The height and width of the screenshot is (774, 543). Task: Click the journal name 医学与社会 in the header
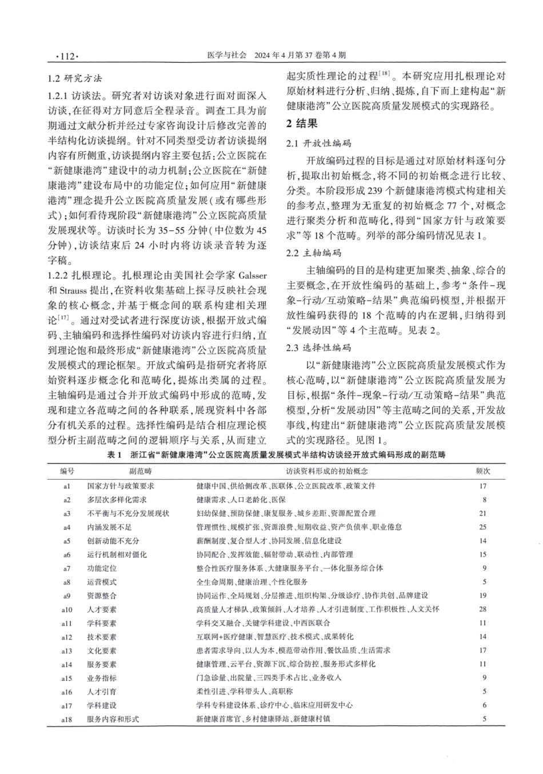click(x=225, y=56)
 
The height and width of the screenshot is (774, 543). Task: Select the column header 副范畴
click(x=139, y=472)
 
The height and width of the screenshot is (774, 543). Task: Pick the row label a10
click(x=67, y=609)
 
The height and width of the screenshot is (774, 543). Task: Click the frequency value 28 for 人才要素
click(x=483, y=609)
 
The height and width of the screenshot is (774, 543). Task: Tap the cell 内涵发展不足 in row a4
click(x=109, y=527)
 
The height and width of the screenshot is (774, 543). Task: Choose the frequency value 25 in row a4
click(x=483, y=527)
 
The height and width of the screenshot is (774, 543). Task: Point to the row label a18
click(x=67, y=719)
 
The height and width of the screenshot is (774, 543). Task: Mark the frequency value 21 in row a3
click(x=483, y=513)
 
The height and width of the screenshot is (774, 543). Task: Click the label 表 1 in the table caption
click(x=115, y=455)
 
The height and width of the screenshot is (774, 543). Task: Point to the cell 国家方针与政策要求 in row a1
click(x=121, y=486)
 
